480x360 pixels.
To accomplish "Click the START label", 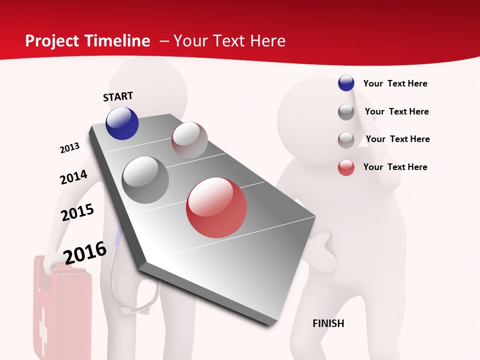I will tap(118, 96).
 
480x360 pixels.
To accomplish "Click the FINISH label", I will tap(328, 323).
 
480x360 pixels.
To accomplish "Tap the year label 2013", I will tap(69, 148).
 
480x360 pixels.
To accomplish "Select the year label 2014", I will tap(73, 177).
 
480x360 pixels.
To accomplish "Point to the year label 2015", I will tap(77, 212).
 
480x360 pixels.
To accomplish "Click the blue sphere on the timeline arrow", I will tap(122, 123).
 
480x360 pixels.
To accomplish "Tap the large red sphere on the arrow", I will tap(216, 207).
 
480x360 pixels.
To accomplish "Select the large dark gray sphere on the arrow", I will tap(145, 180).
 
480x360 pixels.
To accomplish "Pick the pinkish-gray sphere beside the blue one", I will tap(189, 140).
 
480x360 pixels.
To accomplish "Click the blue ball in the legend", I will tap(346, 83).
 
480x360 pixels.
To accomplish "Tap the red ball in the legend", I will tap(346, 167).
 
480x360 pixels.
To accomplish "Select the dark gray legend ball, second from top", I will tap(346, 112).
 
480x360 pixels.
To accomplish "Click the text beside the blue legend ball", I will tap(395, 83).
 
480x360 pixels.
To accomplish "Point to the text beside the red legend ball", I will tap(395, 167).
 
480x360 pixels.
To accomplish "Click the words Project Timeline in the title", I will tap(87, 41).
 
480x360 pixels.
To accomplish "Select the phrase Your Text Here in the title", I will tap(229, 41).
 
